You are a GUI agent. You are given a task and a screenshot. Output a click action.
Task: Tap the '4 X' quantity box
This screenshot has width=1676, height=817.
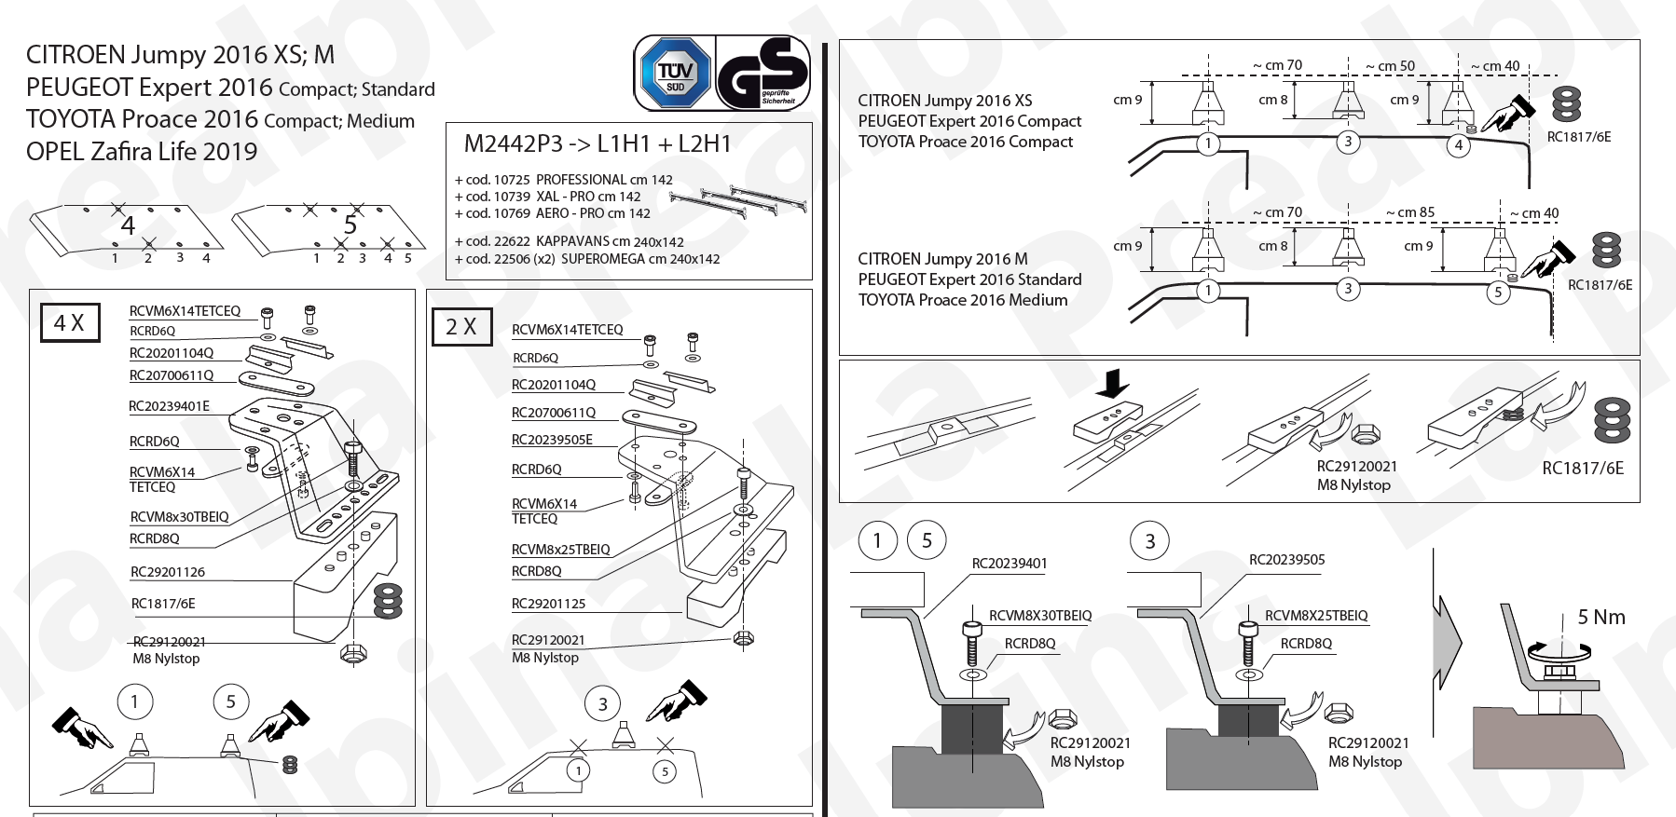pyautogui.click(x=70, y=322)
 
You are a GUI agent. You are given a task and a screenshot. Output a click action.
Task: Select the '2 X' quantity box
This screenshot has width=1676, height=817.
pyautogui.click(x=461, y=327)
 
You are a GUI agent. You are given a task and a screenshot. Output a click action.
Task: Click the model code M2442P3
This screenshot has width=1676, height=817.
pyautogui.click(x=514, y=143)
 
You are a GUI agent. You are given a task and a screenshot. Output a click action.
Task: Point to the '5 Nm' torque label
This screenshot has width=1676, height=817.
pyautogui.click(x=1600, y=617)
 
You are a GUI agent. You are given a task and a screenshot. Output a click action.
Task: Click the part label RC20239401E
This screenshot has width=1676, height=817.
pyautogui.click(x=169, y=406)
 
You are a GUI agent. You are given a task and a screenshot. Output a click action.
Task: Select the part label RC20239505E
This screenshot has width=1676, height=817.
pyautogui.click(x=552, y=440)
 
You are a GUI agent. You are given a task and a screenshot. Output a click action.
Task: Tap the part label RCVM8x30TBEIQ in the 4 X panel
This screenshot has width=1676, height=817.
pyautogui.click(x=179, y=517)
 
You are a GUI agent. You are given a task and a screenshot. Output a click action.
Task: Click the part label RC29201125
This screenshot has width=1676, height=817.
pyautogui.click(x=548, y=604)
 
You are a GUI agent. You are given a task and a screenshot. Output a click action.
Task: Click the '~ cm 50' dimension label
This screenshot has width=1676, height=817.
pyautogui.click(x=1390, y=66)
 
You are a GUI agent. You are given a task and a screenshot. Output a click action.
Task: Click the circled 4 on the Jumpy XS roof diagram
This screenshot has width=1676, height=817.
pyautogui.click(x=1459, y=145)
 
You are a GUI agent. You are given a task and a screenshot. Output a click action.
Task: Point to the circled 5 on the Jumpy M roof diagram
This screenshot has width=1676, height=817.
pyautogui.click(x=1498, y=292)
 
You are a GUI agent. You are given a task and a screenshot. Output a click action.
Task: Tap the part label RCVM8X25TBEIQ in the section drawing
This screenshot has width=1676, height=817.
pyautogui.click(x=1316, y=616)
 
